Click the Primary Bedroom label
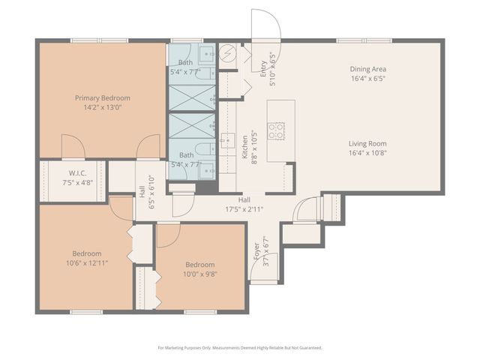(x=103, y=98)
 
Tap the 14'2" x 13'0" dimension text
(x=103, y=107)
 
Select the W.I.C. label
(x=77, y=173)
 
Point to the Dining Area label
(x=368, y=69)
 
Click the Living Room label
(x=367, y=143)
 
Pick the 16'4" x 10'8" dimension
(x=367, y=153)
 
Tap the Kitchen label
(x=245, y=147)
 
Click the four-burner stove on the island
(x=276, y=131)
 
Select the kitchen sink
(x=227, y=140)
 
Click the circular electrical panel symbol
(x=228, y=52)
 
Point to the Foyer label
(x=256, y=251)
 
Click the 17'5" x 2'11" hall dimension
(x=244, y=209)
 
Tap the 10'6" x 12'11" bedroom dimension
(x=87, y=263)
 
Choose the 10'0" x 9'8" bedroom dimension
(x=200, y=274)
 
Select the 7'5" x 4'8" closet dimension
(x=78, y=183)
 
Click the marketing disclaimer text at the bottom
(x=240, y=348)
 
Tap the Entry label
(x=263, y=69)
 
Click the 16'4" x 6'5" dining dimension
(x=368, y=78)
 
